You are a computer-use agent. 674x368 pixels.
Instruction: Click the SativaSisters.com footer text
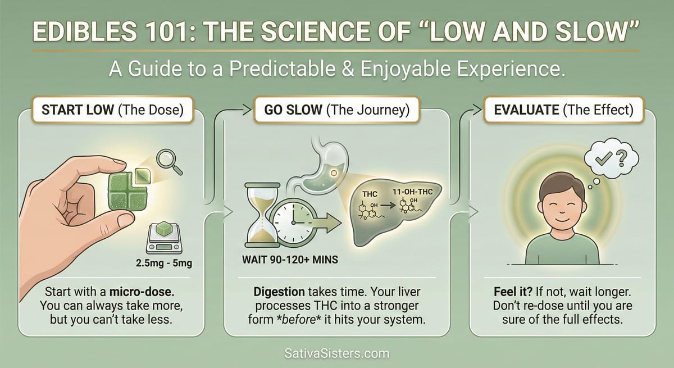[336, 355]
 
